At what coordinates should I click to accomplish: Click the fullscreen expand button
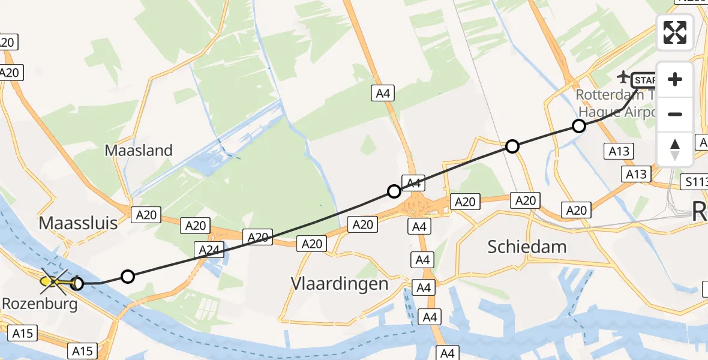click(x=675, y=32)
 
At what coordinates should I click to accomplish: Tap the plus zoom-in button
click(x=675, y=79)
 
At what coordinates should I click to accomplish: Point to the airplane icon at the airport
click(x=624, y=77)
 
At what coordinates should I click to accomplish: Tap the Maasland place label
click(x=139, y=150)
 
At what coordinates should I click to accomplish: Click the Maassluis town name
click(x=78, y=224)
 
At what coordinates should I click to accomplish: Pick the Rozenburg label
click(x=40, y=304)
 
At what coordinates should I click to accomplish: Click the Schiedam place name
click(x=527, y=246)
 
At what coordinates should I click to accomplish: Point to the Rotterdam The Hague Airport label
click(x=615, y=103)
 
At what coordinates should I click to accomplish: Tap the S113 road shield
click(x=696, y=180)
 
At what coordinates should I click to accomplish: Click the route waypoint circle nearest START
click(x=578, y=126)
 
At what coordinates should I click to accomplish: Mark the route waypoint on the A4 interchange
click(x=394, y=191)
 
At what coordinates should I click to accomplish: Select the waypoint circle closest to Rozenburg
click(x=77, y=283)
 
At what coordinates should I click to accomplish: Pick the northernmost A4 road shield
click(x=383, y=93)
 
